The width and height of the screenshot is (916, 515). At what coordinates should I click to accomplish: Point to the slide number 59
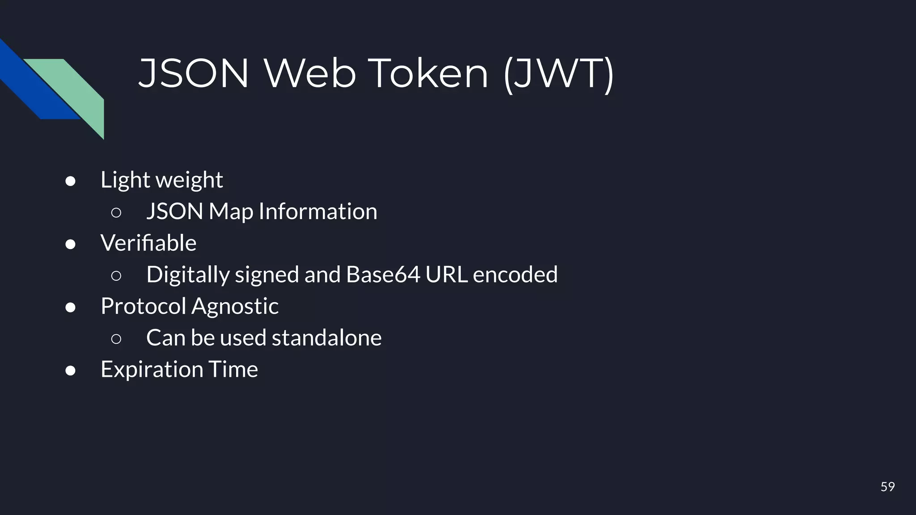(x=887, y=486)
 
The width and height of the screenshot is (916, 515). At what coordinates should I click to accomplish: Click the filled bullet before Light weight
(x=70, y=181)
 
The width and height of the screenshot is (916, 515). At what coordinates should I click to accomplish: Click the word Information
(x=318, y=211)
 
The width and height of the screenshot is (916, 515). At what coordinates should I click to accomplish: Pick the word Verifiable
(x=148, y=243)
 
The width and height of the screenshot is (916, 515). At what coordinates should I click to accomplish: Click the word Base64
(x=383, y=274)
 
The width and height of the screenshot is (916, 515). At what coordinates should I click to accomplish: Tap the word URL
(x=446, y=274)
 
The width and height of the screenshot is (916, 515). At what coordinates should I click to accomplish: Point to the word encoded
(x=515, y=274)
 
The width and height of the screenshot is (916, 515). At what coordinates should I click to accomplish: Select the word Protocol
(x=143, y=306)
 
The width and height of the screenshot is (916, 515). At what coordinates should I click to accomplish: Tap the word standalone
(x=327, y=338)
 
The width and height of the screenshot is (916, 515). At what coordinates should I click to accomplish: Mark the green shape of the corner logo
(x=76, y=89)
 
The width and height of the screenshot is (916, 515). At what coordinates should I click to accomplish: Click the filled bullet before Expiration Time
(x=70, y=371)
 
